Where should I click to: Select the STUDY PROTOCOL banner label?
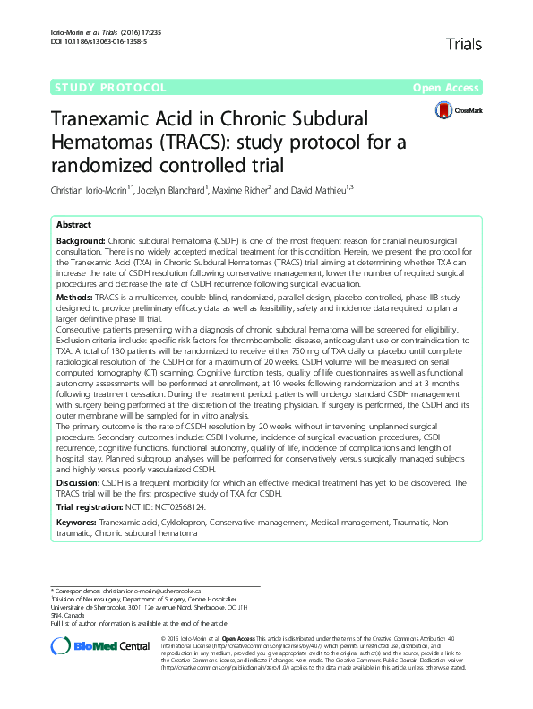point(98,88)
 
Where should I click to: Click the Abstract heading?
point(73,225)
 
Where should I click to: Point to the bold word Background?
point(81,243)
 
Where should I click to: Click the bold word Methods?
point(73,296)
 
